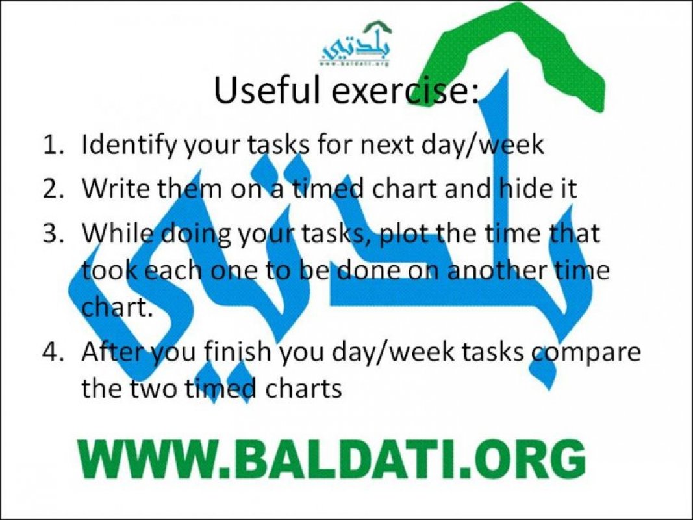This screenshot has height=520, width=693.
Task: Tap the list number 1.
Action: (54, 145)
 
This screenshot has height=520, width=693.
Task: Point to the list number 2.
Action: (54, 188)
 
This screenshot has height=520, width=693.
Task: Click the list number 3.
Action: (54, 234)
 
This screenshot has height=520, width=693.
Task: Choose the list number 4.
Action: (54, 352)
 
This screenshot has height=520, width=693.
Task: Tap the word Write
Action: (116, 188)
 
